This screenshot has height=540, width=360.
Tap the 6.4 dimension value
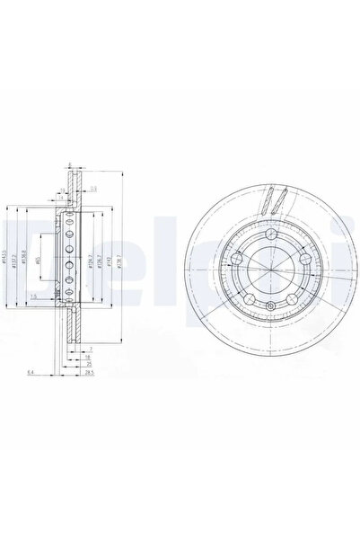[x=31, y=371]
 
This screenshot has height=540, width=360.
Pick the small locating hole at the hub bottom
[x=269, y=309]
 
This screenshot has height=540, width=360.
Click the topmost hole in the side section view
[x=70, y=219]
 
